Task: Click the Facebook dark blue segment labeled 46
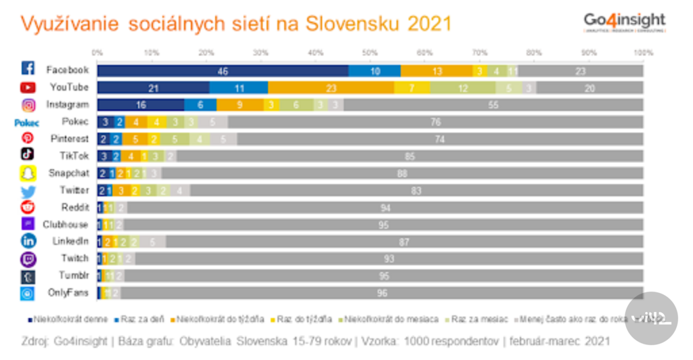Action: tap(223, 70)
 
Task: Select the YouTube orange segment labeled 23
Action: tap(331, 87)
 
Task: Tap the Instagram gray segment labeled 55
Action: tap(493, 105)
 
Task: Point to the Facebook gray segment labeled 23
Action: tap(581, 70)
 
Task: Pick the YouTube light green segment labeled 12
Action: tap(462, 87)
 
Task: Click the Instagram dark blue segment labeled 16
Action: tap(141, 105)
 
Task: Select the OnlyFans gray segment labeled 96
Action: tap(382, 293)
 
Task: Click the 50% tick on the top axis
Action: tap(370, 52)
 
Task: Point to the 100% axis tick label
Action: tap(642, 52)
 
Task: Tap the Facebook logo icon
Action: tap(28, 69)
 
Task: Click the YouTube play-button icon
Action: tap(28, 87)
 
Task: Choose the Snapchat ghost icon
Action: tap(28, 173)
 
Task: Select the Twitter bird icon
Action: tap(28, 190)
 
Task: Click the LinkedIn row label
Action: tap(70, 241)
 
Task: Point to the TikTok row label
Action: tap(74, 156)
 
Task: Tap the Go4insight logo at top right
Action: tap(624, 22)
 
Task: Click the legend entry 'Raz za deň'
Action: tap(141, 319)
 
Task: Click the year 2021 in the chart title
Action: tap(430, 24)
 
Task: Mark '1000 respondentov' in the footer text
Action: tap(442, 340)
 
